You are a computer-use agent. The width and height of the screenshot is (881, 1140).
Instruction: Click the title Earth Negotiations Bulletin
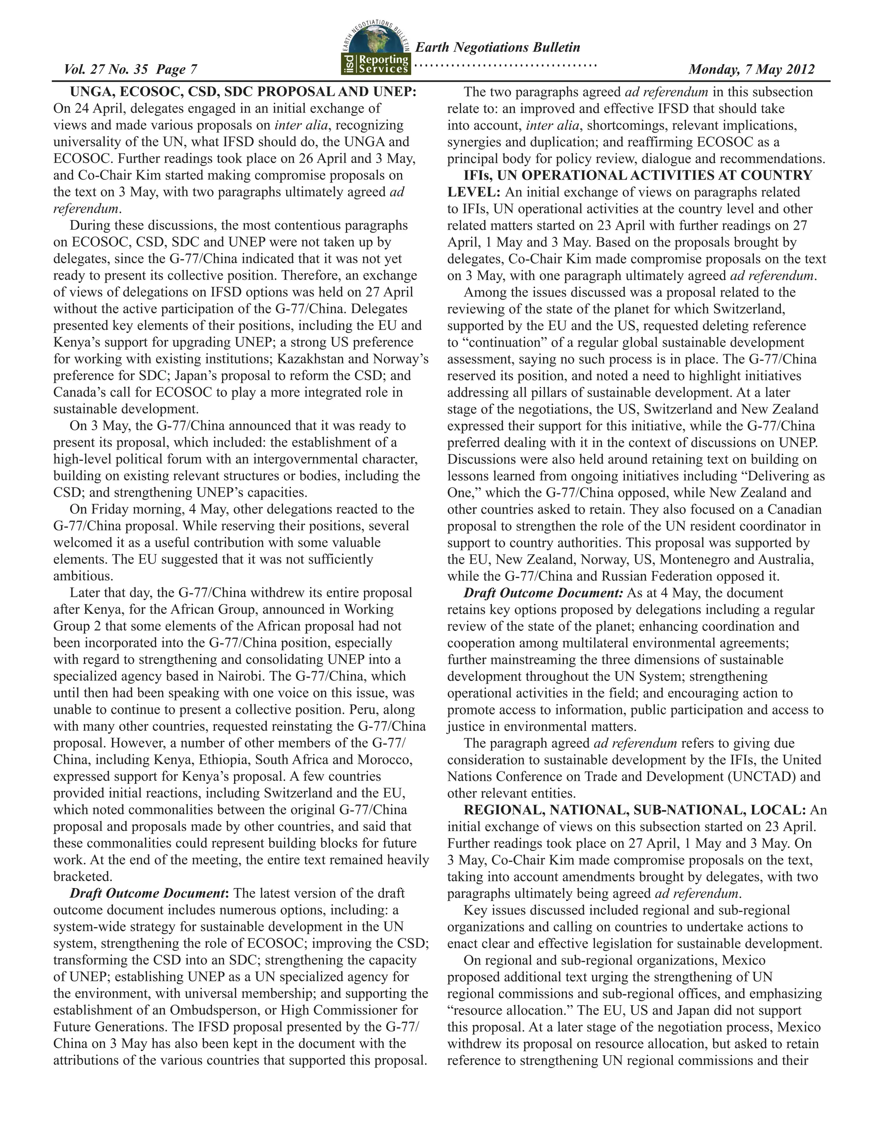click(497, 47)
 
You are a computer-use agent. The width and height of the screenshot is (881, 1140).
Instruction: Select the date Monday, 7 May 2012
click(751, 69)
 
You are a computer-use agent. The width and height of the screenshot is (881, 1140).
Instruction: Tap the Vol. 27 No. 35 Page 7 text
click(130, 69)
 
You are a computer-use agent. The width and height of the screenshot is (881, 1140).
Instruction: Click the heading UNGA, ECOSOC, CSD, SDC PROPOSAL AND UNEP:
click(243, 92)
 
